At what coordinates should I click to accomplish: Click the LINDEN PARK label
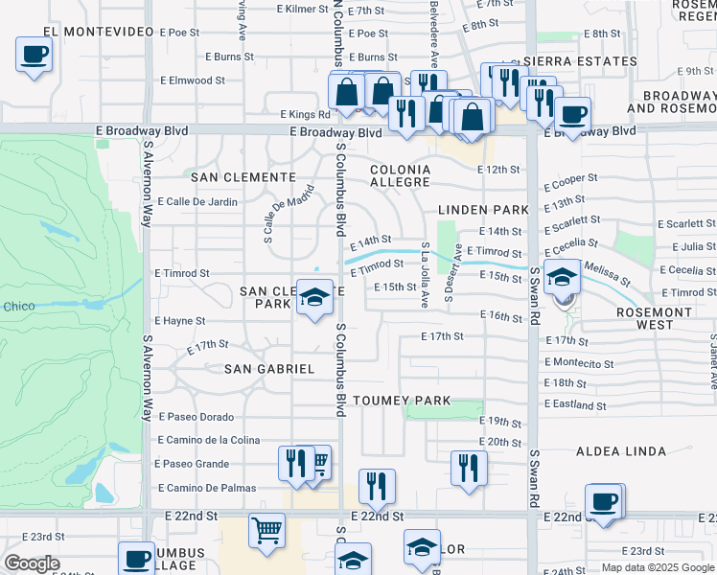483,209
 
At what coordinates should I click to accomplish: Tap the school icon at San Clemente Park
313,298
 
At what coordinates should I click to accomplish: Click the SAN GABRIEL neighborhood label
269,369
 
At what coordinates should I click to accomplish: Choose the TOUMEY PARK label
401,400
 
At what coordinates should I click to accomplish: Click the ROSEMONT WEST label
669,318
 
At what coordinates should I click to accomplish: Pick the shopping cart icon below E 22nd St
266,530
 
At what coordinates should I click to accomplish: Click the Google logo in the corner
32,563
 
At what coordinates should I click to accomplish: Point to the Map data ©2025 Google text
658,567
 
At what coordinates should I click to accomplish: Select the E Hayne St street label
179,321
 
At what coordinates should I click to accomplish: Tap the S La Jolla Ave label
425,274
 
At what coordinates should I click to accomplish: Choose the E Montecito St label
579,363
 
